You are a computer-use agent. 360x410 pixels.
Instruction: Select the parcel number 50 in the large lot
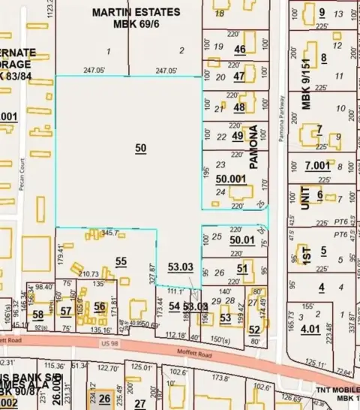141,149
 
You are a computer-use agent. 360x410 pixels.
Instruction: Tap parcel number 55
121,261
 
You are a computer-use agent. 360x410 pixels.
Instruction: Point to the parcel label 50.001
230,179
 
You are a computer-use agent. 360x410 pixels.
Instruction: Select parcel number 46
240,50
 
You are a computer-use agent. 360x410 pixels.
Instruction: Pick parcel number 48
239,107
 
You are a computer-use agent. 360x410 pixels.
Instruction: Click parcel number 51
242,268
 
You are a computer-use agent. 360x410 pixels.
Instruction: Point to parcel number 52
254,329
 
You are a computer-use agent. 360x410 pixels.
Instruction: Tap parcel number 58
37,315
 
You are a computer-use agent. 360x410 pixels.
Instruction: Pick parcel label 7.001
317,165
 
